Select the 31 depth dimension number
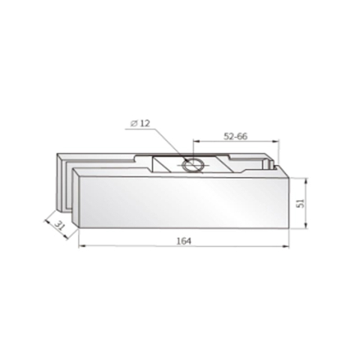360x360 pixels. click(58, 226)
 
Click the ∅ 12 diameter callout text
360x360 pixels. click(141, 123)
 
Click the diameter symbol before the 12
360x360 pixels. click(133, 123)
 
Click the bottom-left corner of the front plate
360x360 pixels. click(78, 230)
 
